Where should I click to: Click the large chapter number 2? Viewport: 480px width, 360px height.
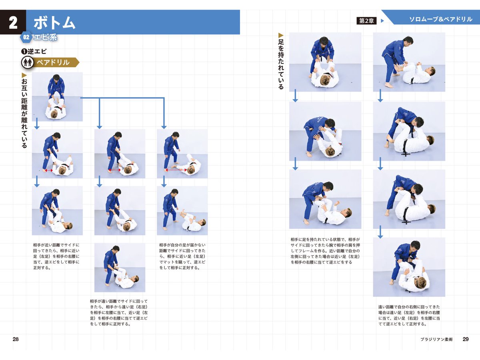click(13, 22)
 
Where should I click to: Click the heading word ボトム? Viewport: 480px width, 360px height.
click(54, 23)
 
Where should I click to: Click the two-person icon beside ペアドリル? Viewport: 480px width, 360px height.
click(28, 62)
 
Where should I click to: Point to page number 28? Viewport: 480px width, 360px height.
click(16, 339)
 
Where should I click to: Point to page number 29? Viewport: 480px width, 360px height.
click(465, 339)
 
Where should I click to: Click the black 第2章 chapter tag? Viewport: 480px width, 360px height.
click(366, 21)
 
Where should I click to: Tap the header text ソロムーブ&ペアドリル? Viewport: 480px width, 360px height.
click(440, 19)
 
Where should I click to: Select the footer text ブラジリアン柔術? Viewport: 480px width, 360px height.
click(436, 339)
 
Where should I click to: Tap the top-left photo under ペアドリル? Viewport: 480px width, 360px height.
click(57, 97)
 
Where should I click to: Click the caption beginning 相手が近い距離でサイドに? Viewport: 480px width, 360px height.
click(56, 256)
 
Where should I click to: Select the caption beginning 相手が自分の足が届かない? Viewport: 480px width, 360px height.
click(182, 256)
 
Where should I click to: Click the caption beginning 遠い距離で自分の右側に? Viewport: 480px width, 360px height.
click(409, 315)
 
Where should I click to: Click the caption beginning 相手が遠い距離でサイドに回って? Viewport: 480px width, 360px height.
click(119, 312)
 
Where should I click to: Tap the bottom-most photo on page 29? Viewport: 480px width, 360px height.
click(409, 267)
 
